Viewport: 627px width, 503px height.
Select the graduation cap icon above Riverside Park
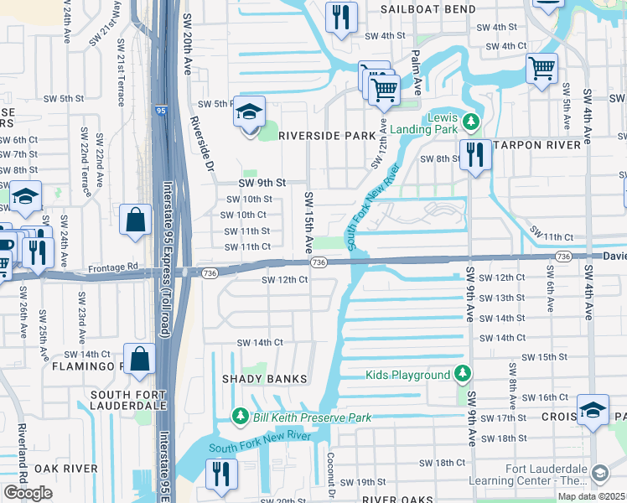pyautogui.click(x=249, y=111)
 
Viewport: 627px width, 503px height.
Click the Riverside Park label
pyautogui.click(x=327, y=136)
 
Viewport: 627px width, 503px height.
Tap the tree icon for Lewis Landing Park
pyautogui.click(x=471, y=123)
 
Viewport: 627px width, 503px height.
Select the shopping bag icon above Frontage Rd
pyautogui.click(x=135, y=220)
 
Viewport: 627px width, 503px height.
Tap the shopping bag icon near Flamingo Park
pyautogui.click(x=141, y=360)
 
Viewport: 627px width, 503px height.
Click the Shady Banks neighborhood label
pyautogui.click(x=265, y=379)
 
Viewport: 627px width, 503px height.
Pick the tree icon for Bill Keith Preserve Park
pyautogui.click(x=241, y=417)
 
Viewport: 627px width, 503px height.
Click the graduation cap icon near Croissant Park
pyautogui.click(x=593, y=410)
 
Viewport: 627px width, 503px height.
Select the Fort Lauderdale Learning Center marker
pyautogui.click(x=599, y=474)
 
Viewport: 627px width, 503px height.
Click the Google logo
pyautogui.click(x=28, y=493)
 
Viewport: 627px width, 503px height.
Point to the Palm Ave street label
pyautogui.click(x=414, y=71)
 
